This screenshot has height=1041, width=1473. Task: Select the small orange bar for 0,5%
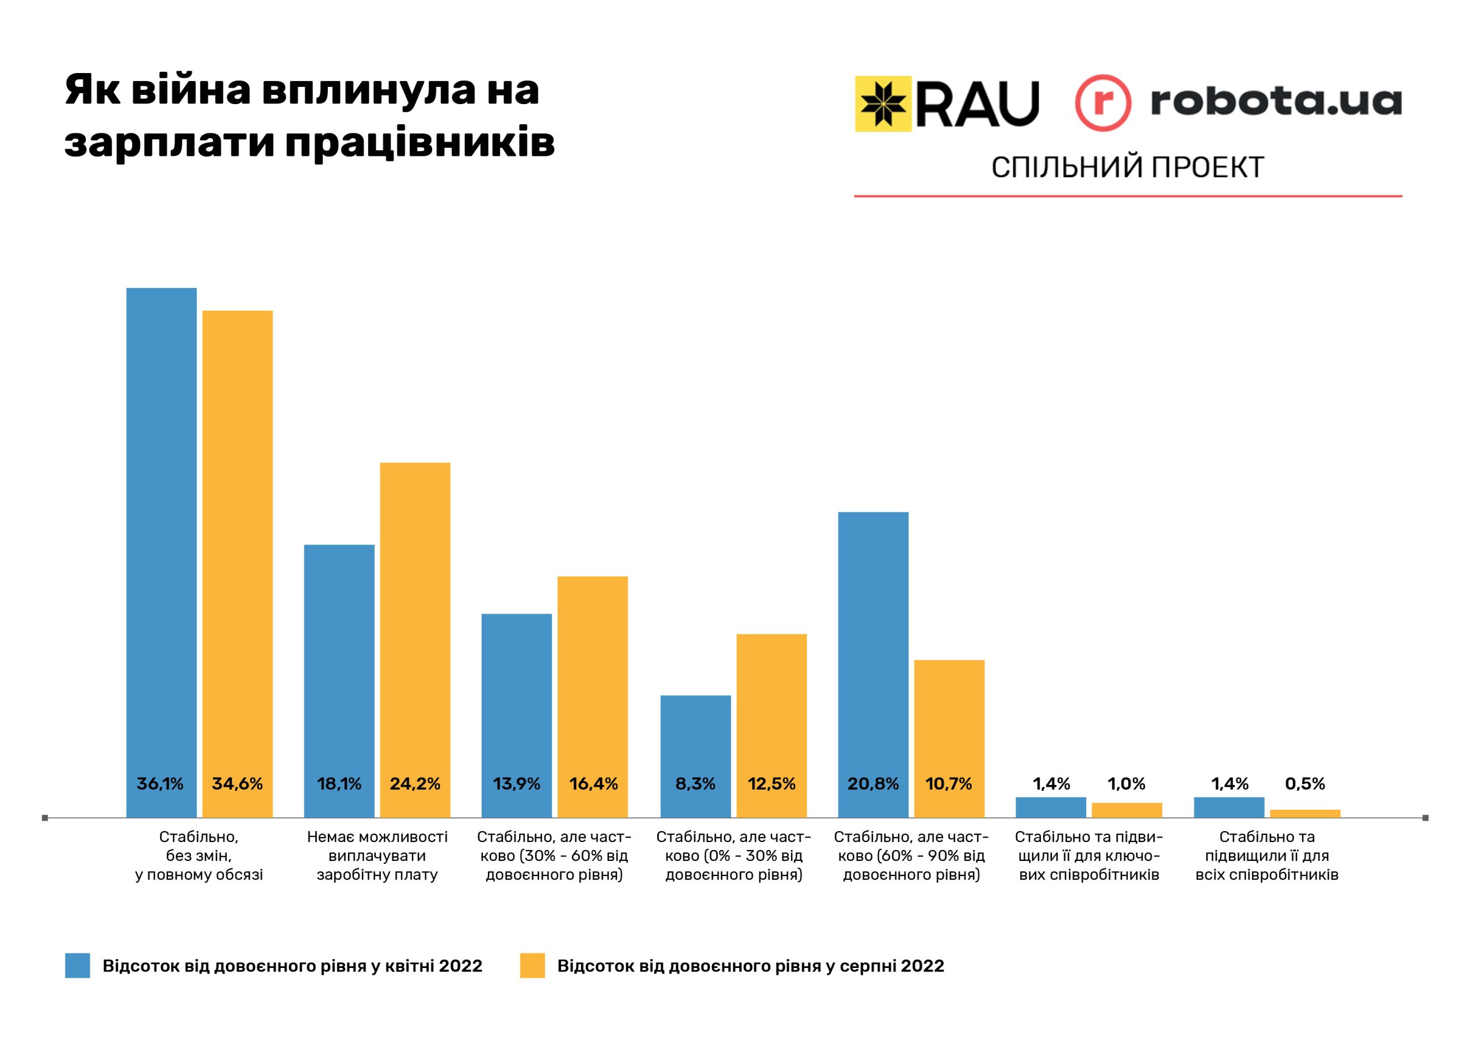[x=1305, y=813]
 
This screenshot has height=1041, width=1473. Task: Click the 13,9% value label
[x=517, y=784]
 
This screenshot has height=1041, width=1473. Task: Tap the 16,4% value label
[x=593, y=784]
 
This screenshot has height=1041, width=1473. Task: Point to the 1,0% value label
[x=1127, y=784]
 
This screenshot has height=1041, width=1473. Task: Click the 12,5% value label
[x=772, y=784]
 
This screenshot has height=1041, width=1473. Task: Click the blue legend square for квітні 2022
[x=77, y=965]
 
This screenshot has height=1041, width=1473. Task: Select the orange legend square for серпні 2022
[x=532, y=965]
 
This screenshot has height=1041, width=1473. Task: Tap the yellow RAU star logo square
[x=883, y=104]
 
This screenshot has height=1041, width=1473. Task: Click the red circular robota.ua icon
[x=1102, y=104]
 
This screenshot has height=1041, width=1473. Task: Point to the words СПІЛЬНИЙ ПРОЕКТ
[x=1127, y=167]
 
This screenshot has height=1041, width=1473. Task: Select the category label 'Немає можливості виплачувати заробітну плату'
[x=377, y=856]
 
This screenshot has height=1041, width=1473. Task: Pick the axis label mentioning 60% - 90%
[x=911, y=856]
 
